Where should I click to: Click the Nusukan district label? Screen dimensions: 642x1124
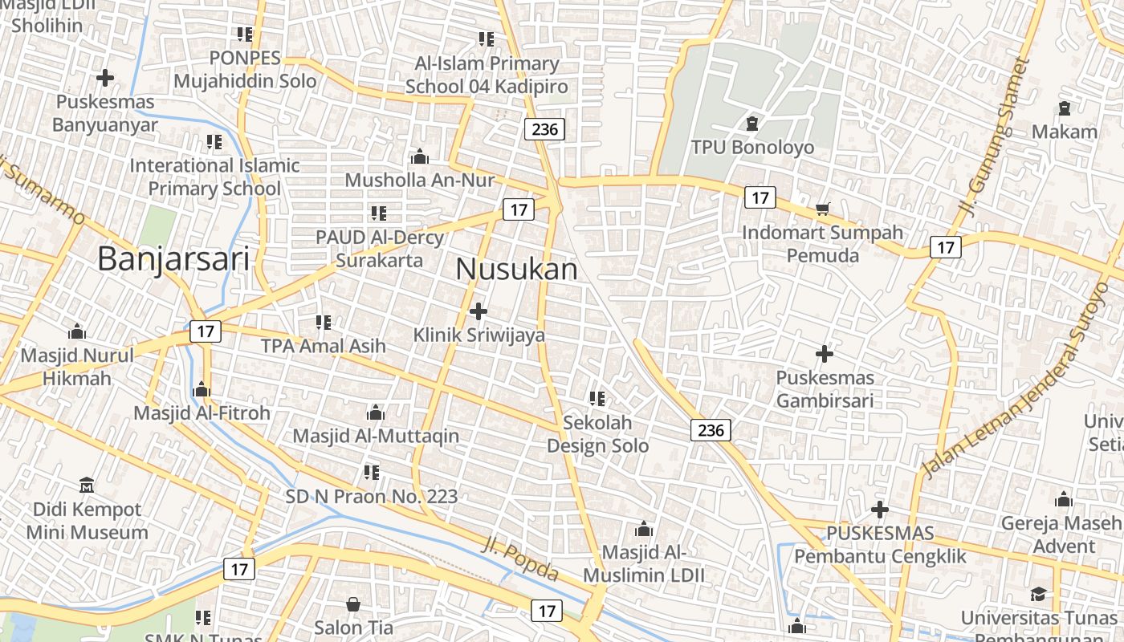click(x=516, y=270)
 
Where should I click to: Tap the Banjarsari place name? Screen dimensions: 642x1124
click(x=173, y=259)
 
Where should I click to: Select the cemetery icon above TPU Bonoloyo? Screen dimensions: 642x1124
click(x=752, y=124)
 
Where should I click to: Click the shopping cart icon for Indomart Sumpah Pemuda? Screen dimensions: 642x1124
click(x=822, y=209)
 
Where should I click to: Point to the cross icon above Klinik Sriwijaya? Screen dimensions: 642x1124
click(x=479, y=311)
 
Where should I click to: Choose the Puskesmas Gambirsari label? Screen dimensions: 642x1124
click(x=825, y=388)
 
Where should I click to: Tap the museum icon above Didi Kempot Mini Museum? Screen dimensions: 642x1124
click(x=87, y=486)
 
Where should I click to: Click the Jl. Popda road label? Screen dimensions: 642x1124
click(x=521, y=559)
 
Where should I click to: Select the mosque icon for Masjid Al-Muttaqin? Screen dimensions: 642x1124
click(x=375, y=413)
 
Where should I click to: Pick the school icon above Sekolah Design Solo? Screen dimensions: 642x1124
click(x=597, y=398)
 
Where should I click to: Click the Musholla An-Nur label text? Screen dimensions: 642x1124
click(x=420, y=180)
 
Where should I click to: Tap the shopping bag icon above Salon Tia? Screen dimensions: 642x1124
click(x=353, y=604)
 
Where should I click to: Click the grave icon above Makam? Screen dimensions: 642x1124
click(x=1065, y=108)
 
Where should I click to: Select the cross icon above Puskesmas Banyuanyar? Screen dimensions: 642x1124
click(x=104, y=78)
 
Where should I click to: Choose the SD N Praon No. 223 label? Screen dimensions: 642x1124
click(x=372, y=497)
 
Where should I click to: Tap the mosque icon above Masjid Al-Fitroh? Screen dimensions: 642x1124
click(x=202, y=390)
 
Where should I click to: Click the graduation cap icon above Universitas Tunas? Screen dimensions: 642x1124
click(x=1038, y=594)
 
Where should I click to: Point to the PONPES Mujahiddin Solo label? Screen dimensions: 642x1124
click(x=245, y=70)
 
